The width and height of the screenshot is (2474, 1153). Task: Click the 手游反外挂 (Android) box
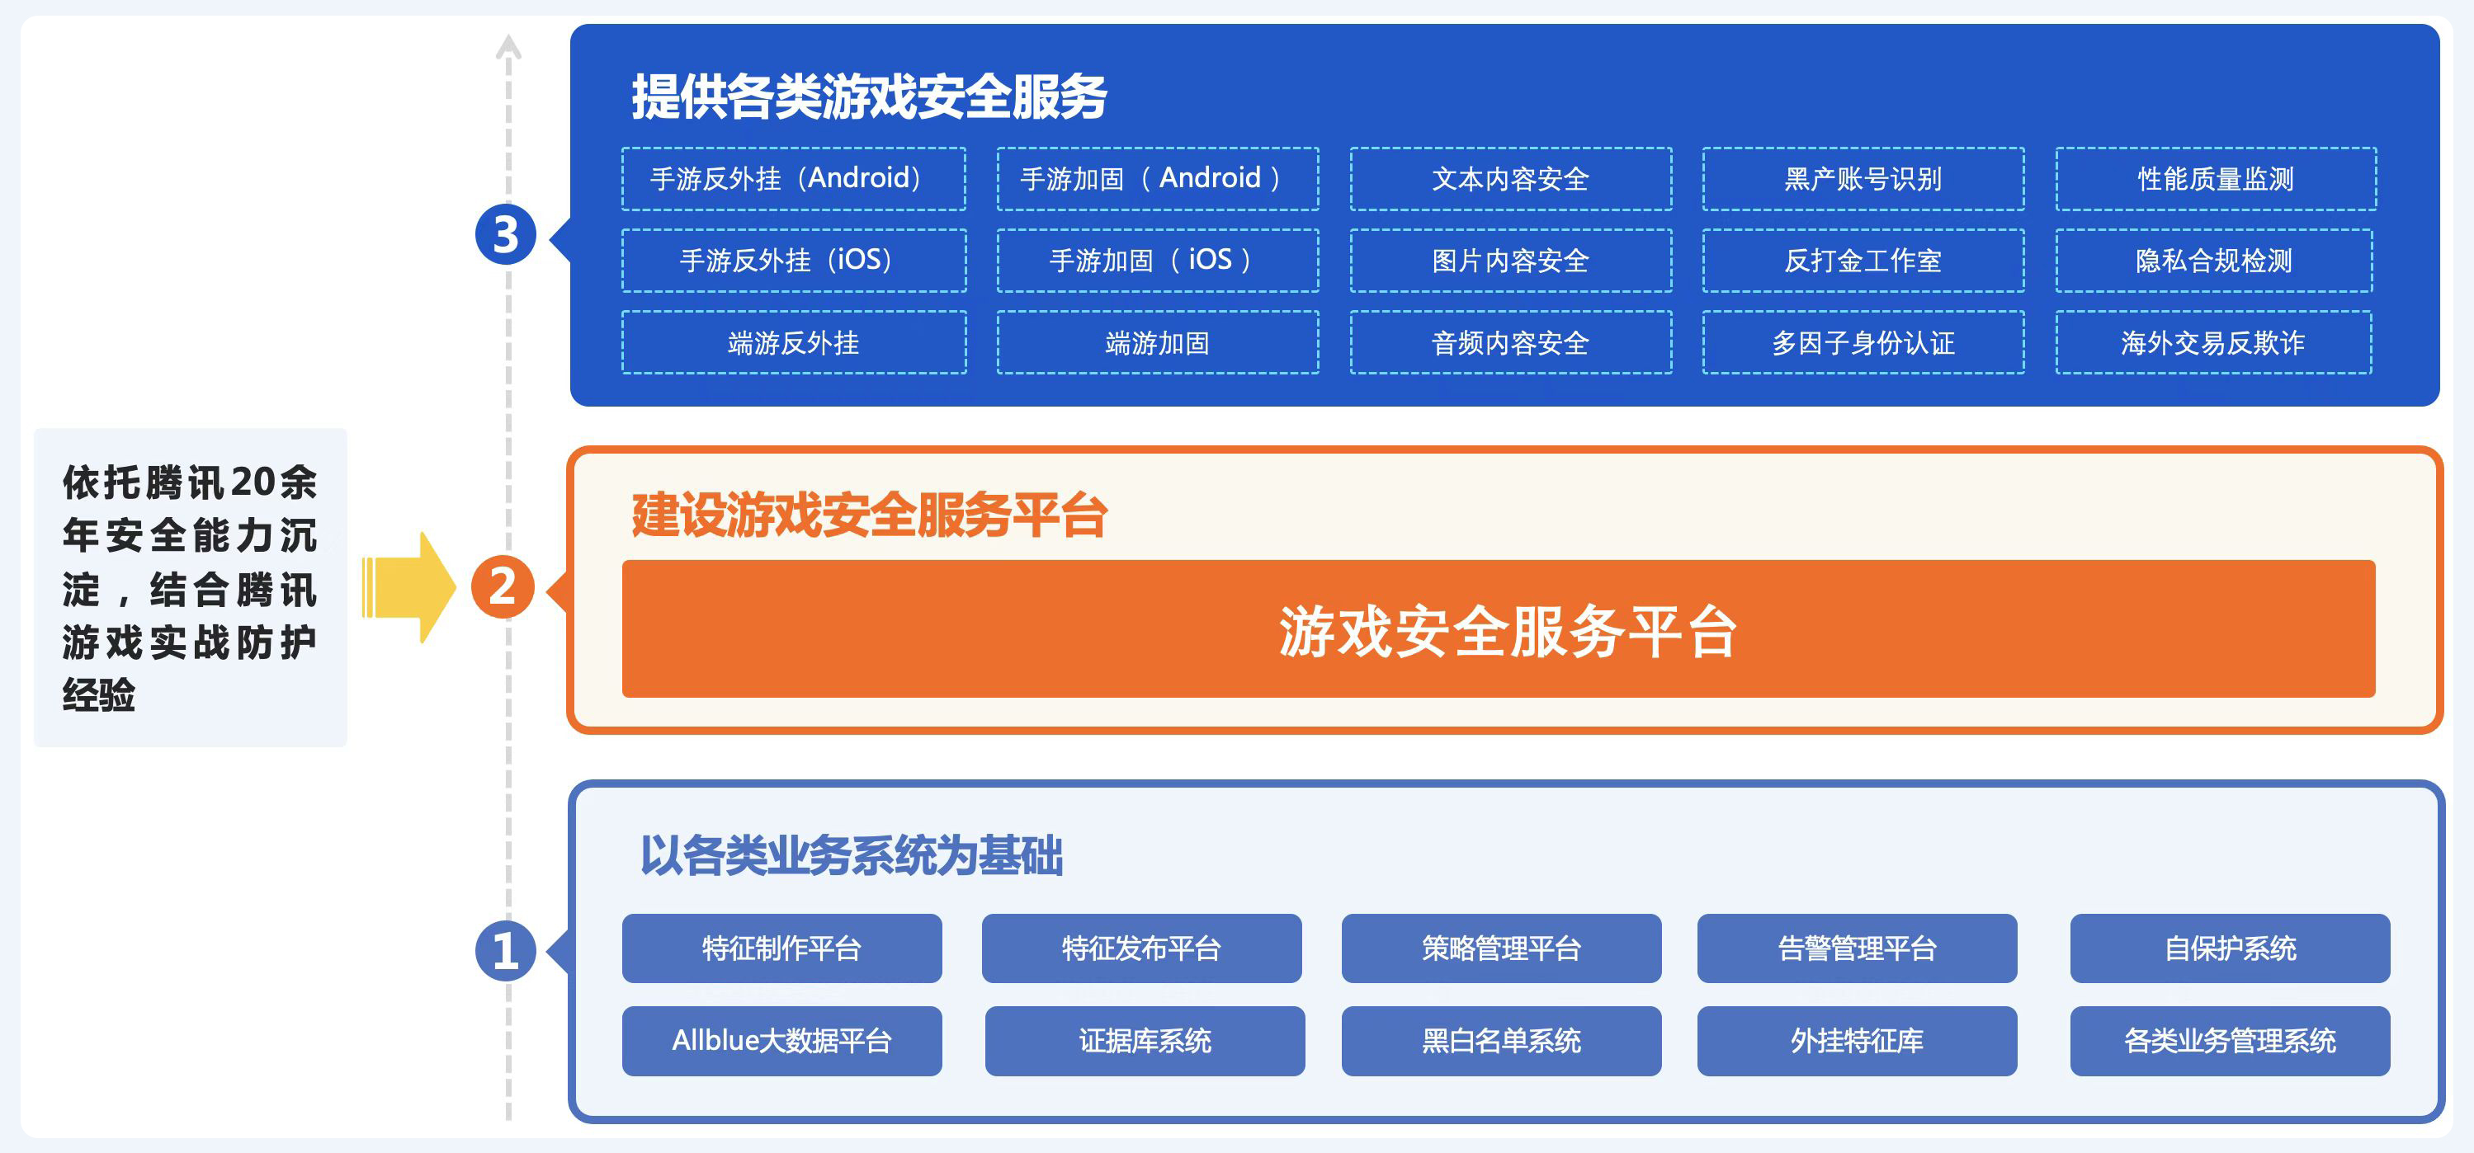[x=793, y=179]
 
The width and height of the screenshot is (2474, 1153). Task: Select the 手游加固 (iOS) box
[x=1157, y=260]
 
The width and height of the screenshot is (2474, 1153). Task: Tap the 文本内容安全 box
[x=1511, y=179]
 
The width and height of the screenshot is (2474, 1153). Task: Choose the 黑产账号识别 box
[x=1863, y=179]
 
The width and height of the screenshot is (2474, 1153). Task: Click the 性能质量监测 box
[x=2216, y=179]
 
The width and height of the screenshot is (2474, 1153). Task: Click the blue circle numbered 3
[x=505, y=234]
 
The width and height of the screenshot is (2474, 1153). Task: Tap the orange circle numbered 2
[x=503, y=586]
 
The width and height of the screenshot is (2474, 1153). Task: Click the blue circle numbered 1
[x=505, y=950]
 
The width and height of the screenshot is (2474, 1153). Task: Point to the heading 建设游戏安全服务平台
[x=869, y=515]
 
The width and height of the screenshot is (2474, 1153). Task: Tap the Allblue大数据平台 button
[x=781, y=1041]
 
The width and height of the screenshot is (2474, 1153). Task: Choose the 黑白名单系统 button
[x=1501, y=1041]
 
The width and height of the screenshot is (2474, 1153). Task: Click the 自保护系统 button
[x=2230, y=948]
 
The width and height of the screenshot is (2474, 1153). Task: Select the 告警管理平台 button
[x=1857, y=948]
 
